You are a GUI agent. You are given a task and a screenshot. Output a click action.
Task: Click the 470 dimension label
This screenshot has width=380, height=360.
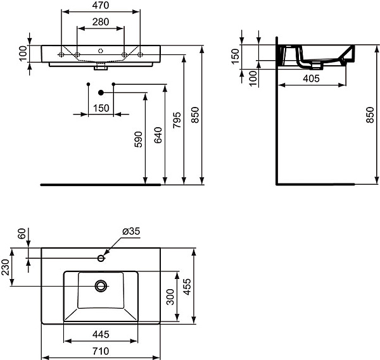tap(101, 5)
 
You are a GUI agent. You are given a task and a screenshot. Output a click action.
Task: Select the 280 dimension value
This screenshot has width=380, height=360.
tap(101, 22)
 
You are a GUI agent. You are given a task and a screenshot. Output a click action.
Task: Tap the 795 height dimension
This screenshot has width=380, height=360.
tap(177, 120)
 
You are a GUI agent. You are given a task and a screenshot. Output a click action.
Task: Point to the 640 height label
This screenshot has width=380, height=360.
tap(158, 135)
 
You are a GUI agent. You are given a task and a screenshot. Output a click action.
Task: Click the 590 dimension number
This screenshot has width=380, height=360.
tap(138, 139)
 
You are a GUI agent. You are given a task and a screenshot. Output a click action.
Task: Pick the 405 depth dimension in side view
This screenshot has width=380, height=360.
tap(311, 78)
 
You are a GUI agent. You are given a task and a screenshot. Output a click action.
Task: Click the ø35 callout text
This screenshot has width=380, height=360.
tap(131, 231)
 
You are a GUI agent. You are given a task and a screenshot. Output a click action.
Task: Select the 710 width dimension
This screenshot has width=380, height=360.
tap(101, 351)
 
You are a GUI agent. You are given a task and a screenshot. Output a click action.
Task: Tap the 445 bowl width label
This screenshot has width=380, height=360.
tap(101, 335)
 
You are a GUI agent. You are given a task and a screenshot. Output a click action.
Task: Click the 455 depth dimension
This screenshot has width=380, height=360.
tap(187, 287)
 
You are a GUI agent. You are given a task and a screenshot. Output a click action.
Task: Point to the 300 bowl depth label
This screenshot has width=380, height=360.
tap(170, 297)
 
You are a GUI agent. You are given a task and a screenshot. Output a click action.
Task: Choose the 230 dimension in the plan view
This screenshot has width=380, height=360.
tap(5, 267)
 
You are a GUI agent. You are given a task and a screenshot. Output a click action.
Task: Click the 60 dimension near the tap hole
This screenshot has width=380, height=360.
tap(22, 233)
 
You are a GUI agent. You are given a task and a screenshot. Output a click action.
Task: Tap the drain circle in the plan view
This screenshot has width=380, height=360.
tap(101, 286)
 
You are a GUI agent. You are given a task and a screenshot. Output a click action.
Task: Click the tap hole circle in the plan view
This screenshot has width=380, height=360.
tap(101, 258)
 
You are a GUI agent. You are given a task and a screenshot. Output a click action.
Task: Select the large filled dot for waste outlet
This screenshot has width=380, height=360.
tap(101, 92)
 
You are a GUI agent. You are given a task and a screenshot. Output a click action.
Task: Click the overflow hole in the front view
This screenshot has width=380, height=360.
tap(101, 51)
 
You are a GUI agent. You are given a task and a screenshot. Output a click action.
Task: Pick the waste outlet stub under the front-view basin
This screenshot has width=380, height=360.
tap(101, 66)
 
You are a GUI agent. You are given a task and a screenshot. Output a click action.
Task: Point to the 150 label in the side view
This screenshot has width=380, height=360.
tap(235, 56)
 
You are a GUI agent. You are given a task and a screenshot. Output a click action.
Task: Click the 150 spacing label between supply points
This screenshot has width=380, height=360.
tap(101, 108)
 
